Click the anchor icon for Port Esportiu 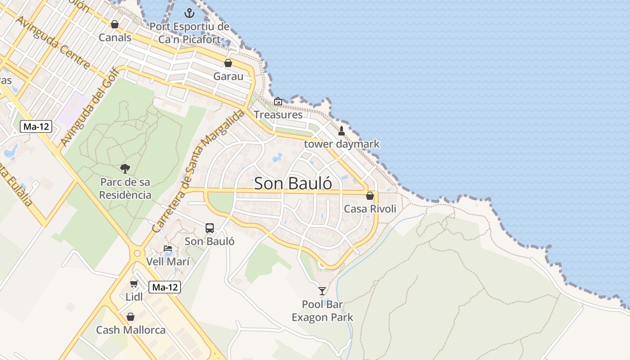(189, 13)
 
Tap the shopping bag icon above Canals (115, 24)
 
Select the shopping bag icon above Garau (228, 63)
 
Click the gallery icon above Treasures (278, 101)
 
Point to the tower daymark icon (342, 131)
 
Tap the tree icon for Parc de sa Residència (125, 169)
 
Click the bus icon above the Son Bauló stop (210, 228)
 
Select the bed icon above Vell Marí (168, 248)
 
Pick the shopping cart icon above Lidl (134, 283)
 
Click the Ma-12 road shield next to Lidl (165, 287)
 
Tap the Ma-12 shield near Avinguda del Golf (36, 126)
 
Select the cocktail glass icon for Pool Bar (322, 291)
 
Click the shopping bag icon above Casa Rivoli (370, 196)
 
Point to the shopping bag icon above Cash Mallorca (130, 317)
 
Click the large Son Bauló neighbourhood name (293, 184)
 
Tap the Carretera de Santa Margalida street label (198, 171)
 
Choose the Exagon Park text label (322, 317)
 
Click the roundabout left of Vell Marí (137, 253)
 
